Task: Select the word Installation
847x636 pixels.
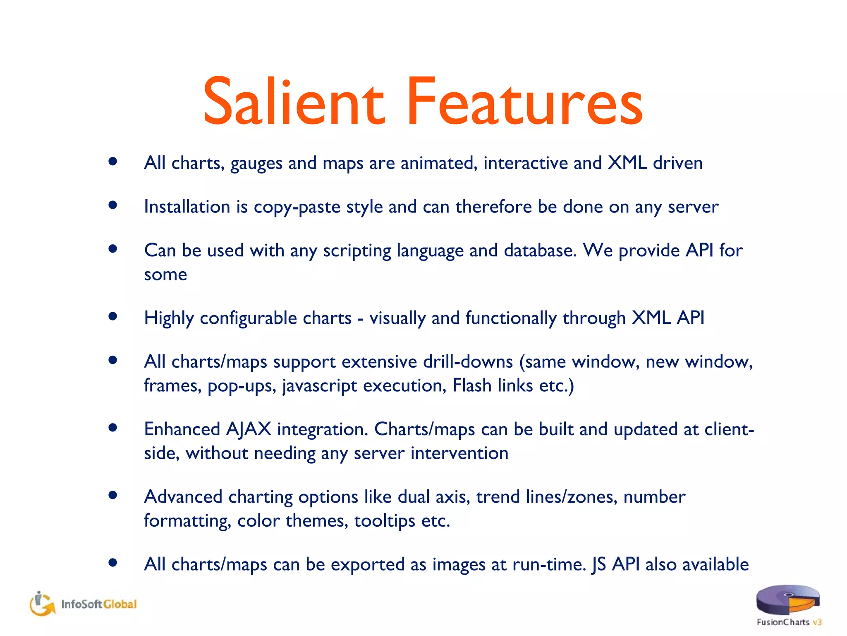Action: pyautogui.click(x=187, y=207)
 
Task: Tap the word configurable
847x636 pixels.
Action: pyautogui.click(x=275, y=318)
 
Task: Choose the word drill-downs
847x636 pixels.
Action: pyautogui.click(x=468, y=362)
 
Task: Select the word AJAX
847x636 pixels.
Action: pyautogui.click(x=249, y=429)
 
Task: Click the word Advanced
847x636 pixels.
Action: pyautogui.click(x=183, y=497)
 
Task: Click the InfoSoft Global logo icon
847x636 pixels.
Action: pyautogui.click(x=42, y=604)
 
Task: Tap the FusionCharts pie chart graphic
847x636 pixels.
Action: pyautogui.click(x=787, y=599)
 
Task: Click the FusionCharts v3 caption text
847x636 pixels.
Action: pyautogui.click(x=789, y=622)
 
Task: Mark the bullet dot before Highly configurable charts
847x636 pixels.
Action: pyautogui.click(x=112, y=317)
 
